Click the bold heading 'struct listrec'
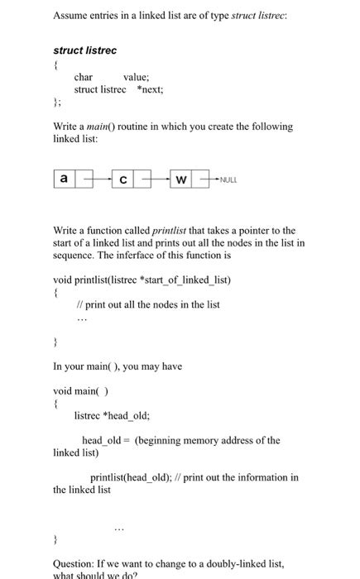click(x=85, y=50)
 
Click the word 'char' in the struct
click(x=84, y=77)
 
